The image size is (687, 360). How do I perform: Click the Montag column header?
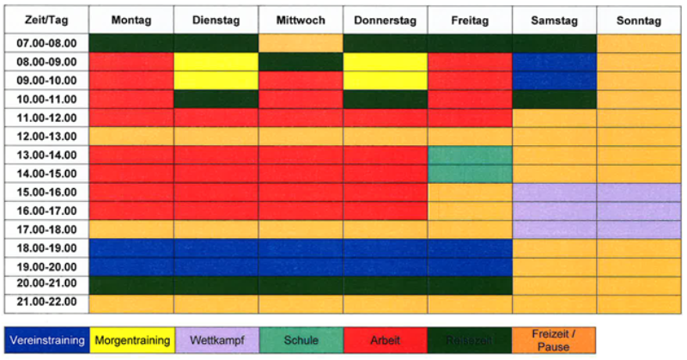[131, 21]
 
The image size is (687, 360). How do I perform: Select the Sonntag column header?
[640, 21]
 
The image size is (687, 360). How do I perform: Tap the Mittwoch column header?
[301, 21]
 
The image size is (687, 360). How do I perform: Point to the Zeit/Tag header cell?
[46, 21]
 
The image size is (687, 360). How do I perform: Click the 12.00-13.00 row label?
[46, 136]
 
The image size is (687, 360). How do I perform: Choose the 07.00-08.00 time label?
[46, 43]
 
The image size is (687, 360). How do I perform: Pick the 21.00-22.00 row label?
[46, 302]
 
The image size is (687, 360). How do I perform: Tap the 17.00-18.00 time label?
[46, 229]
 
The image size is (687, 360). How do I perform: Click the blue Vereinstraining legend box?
[46, 340]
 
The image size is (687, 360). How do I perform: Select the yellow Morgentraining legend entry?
[131, 340]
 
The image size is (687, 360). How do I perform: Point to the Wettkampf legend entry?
[216, 340]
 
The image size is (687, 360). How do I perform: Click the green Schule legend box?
[301, 340]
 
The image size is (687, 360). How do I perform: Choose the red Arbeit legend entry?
[385, 340]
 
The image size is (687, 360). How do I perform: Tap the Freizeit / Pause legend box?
[554, 340]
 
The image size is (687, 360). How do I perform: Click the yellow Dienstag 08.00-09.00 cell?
[216, 62]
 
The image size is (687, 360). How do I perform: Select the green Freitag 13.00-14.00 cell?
[470, 155]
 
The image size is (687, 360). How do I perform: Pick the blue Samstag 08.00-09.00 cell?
[554, 62]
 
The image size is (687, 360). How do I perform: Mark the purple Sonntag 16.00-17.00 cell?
[640, 210]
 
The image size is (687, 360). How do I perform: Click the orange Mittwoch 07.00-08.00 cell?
[301, 43]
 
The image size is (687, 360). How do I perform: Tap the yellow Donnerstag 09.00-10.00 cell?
[385, 81]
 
